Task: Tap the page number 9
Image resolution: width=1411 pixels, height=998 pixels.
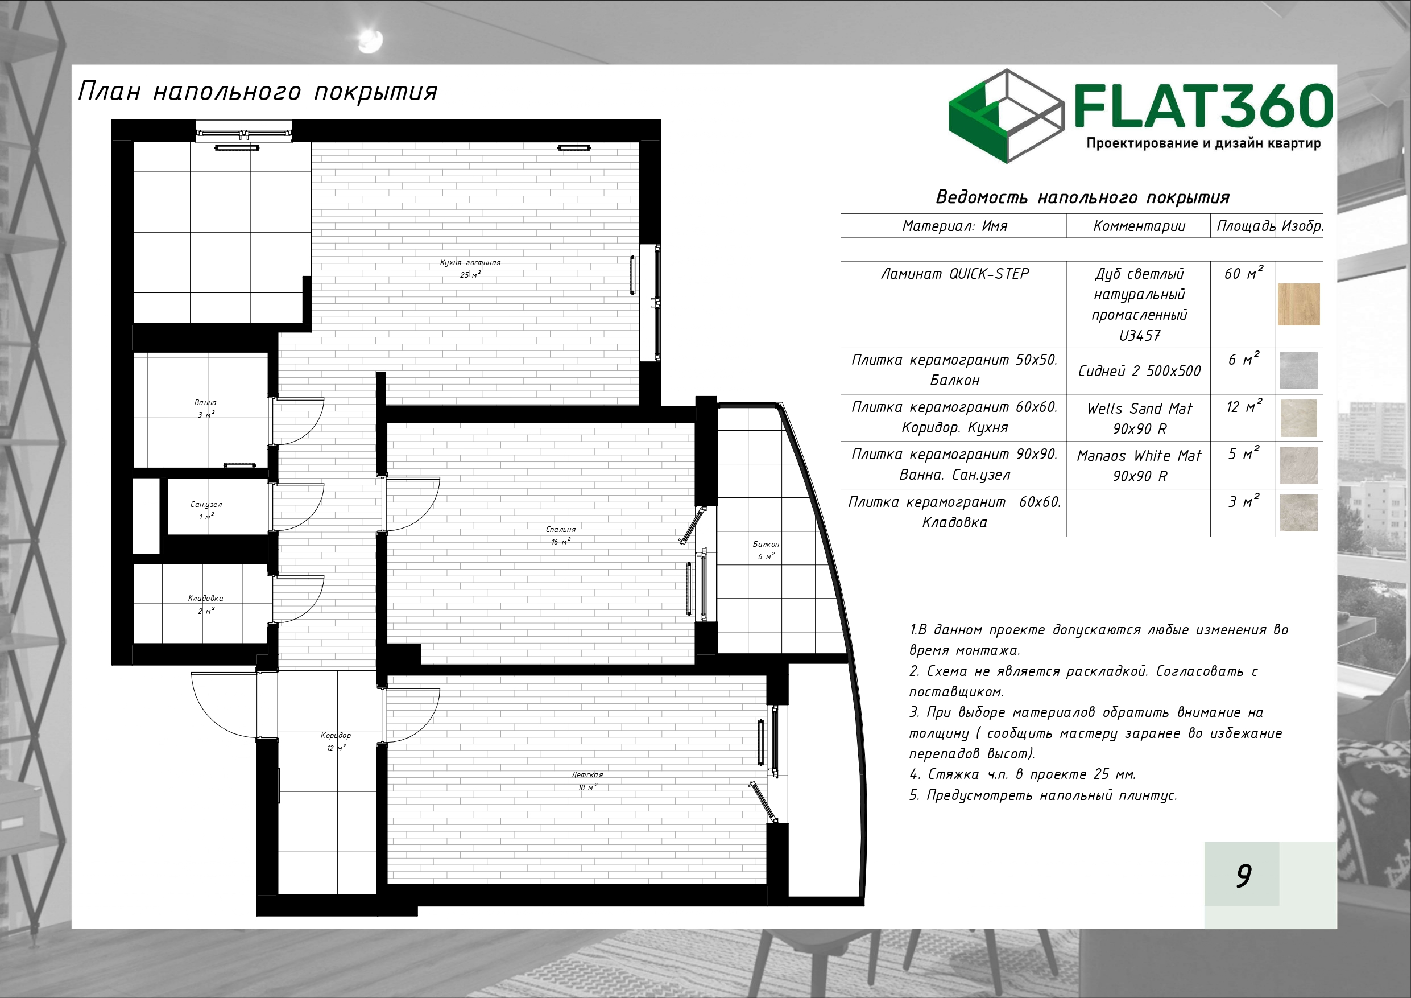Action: (x=1244, y=876)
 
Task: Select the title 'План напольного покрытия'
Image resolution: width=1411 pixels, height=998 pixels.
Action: (x=258, y=92)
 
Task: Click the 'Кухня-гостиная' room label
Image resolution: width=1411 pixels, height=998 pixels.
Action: (x=470, y=262)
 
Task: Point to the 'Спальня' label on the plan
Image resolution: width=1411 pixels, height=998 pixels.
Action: (x=560, y=529)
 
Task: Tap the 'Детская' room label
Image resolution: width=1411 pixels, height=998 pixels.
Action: (x=587, y=775)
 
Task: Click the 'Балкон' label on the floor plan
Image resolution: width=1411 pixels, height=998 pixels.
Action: (x=766, y=544)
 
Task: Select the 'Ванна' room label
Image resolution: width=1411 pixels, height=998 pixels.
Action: (x=205, y=403)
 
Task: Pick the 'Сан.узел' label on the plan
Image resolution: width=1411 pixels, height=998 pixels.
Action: (x=206, y=505)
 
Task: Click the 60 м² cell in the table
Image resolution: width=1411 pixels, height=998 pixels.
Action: (x=1244, y=273)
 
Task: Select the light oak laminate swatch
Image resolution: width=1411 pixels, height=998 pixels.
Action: (x=1298, y=304)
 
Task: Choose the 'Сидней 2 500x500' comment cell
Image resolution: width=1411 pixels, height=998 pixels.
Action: (x=1139, y=371)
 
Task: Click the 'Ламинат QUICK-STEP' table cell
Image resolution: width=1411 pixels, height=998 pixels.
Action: (x=954, y=274)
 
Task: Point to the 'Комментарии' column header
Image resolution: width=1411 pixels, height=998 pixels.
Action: (x=1139, y=226)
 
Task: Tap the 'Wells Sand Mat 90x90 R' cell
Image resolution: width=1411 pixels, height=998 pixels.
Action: (x=1139, y=418)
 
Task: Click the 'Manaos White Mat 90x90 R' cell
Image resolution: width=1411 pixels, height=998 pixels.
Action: (x=1139, y=465)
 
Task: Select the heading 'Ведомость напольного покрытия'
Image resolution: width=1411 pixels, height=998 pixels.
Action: (x=1082, y=197)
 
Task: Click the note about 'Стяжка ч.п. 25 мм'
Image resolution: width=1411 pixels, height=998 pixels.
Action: (x=1022, y=774)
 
